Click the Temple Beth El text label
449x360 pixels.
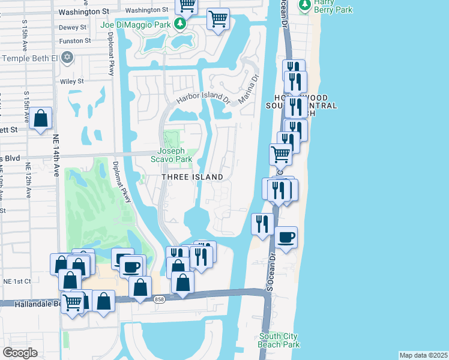point(31,58)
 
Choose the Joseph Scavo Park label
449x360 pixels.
point(175,155)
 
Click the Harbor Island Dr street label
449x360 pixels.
point(203,97)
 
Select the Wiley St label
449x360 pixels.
point(71,81)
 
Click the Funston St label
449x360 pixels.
point(75,41)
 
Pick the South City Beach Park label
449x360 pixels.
point(279,340)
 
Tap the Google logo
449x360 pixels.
point(20,353)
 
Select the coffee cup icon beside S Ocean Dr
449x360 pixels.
point(286,237)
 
